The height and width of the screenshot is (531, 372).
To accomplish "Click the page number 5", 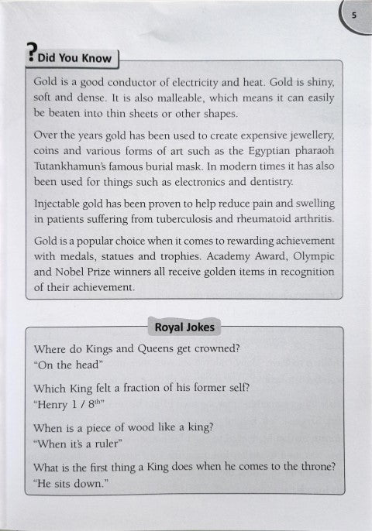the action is tap(353, 15).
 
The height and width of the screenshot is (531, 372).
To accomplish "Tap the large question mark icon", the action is tap(29, 51).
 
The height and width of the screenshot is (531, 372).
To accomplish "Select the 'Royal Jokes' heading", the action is tap(185, 327).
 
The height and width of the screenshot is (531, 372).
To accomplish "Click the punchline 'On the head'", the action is tap(65, 364).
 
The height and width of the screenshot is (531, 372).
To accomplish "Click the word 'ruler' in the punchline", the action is tap(108, 444).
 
